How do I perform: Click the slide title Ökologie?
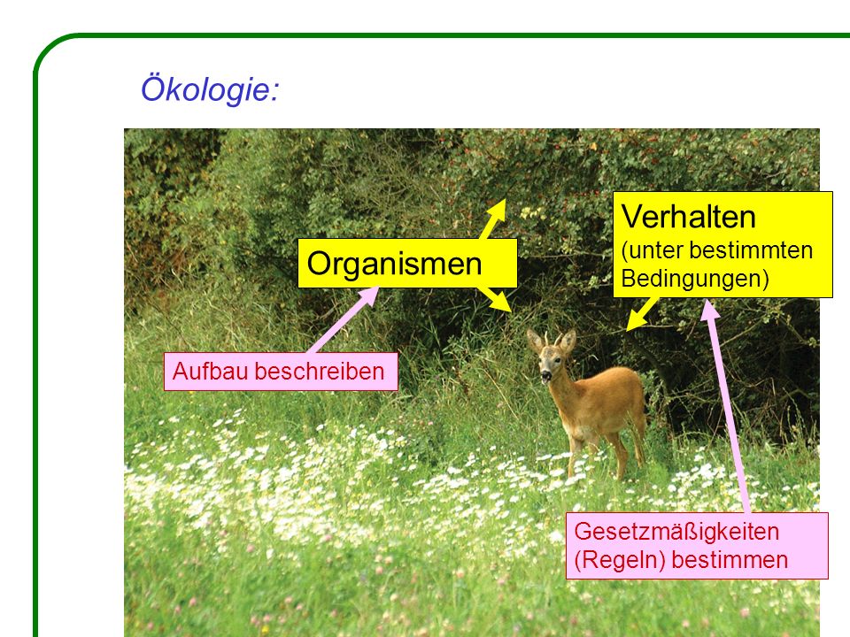[210, 88]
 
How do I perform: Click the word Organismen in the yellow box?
[394, 264]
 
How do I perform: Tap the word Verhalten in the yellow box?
[689, 217]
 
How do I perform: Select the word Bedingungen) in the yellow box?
[695, 279]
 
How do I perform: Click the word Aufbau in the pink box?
[211, 372]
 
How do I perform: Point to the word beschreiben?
[320, 372]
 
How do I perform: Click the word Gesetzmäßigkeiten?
[676, 532]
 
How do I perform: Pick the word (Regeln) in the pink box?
[620, 560]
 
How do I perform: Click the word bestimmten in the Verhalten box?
[752, 250]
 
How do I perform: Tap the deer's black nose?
[545, 375]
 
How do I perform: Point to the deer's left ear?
[567, 342]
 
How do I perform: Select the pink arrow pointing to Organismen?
[344, 319]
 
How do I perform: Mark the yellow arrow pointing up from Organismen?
[493, 219]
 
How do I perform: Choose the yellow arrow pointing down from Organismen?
[494, 298]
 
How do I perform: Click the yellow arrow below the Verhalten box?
[642, 314]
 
